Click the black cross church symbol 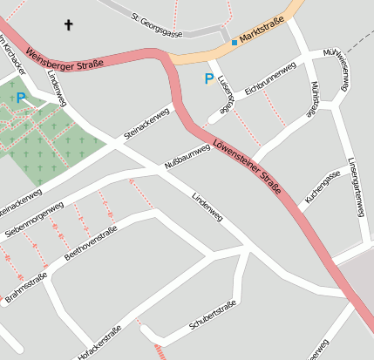click(69, 25)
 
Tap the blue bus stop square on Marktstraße click(234, 42)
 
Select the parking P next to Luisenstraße click(208, 79)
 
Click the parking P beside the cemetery click(21, 98)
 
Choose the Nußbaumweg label click(187, 157)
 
